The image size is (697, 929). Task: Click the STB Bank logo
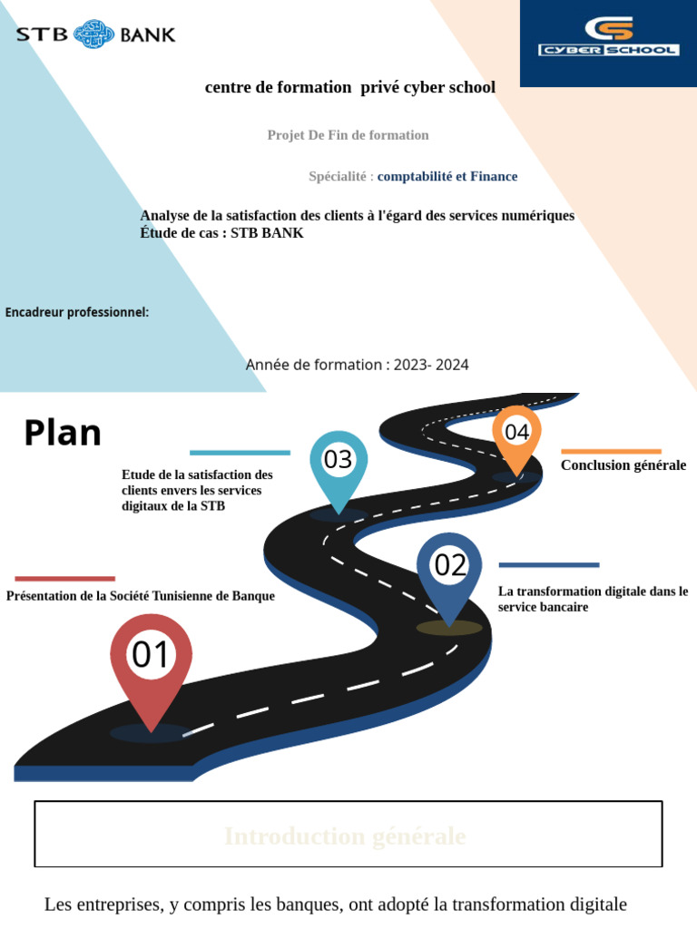95,34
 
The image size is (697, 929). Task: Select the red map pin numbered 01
151,659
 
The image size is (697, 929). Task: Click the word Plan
63,433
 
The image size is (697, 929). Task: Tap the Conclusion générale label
623,465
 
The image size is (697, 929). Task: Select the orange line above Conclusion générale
611,451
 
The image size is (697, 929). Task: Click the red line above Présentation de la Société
65,578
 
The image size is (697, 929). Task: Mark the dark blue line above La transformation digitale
549,564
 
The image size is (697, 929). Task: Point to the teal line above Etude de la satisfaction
240,452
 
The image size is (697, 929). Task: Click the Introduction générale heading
345,836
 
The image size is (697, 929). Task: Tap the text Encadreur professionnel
77,312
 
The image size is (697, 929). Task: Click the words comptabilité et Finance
447,176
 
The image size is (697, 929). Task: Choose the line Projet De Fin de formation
348,135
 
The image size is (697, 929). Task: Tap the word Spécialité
338,176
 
